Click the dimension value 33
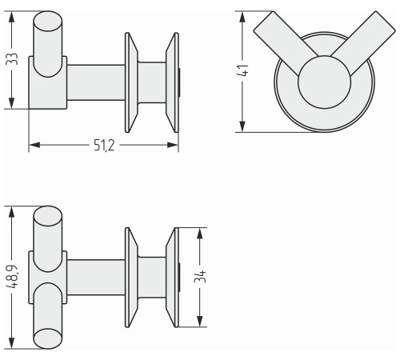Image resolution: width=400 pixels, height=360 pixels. [x=12, y=59]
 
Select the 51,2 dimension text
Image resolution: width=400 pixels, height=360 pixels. [x=104, y=146]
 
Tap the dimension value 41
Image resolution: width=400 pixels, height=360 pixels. [x=242, y=70]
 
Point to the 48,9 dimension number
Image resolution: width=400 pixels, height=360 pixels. [x=12, y=277]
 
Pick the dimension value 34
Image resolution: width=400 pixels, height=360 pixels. [x=200, y=277]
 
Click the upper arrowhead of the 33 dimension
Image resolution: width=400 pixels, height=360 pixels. [x=11, y=18]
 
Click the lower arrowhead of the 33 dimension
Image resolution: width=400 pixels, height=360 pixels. [x=11, y=103]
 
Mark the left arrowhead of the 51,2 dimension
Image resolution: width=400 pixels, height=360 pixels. [x=34, y=145]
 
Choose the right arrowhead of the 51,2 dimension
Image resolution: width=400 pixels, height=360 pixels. [x=173, y=145]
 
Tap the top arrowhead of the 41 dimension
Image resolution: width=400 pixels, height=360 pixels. [x=242, y=18]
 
